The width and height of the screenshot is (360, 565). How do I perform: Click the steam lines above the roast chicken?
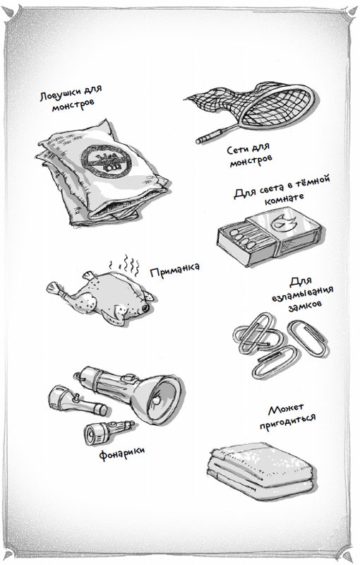pos(124,266)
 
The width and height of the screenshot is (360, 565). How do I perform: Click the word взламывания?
pos(301,293)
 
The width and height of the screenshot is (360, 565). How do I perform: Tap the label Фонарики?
pos(122,453)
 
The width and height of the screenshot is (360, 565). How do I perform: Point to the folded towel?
pos(262,470)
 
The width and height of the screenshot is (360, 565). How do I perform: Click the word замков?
pos(304,307)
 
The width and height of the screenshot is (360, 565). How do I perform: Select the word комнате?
pos(284,198)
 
